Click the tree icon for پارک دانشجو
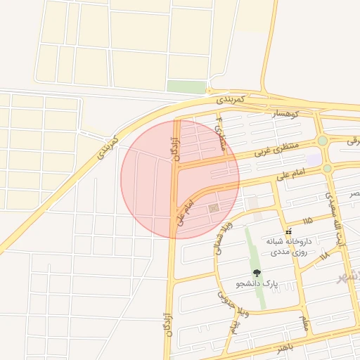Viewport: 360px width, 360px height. [x=256, y=272]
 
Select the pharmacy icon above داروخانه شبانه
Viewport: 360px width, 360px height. [x=288, y=232]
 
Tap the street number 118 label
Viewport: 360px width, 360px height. [x=323, y=257]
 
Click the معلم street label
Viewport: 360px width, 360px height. [x=304, y=323]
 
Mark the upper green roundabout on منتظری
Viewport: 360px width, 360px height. [x=322, y=141]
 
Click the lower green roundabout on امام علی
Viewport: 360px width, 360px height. [x=328, y=169]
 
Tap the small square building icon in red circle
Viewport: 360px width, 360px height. [x=213, y=209]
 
